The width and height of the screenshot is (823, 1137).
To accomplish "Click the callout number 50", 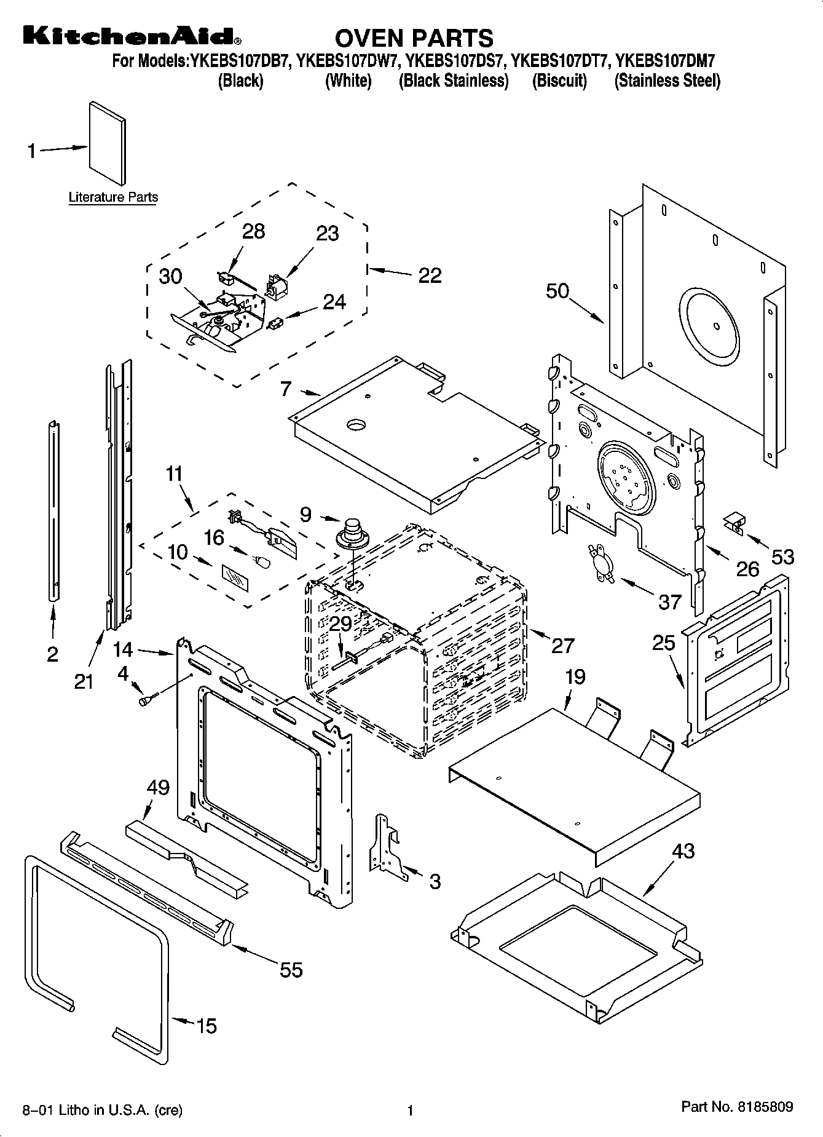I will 557,290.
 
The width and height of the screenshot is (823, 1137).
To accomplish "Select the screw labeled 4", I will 148,699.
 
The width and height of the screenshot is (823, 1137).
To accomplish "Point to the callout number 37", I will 670,601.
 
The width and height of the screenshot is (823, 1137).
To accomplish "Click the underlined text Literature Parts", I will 113,197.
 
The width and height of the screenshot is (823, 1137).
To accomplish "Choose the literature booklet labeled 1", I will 108,143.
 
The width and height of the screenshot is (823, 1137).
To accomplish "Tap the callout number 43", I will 683,850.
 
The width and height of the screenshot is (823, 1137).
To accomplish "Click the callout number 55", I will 291,970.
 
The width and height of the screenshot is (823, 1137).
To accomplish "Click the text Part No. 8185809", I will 737,1107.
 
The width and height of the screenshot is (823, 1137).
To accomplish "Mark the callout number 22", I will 430,275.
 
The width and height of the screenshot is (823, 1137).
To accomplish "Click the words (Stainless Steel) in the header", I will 667,81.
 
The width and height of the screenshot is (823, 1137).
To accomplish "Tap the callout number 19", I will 575,677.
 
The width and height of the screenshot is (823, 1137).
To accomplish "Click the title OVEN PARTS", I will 414,38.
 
